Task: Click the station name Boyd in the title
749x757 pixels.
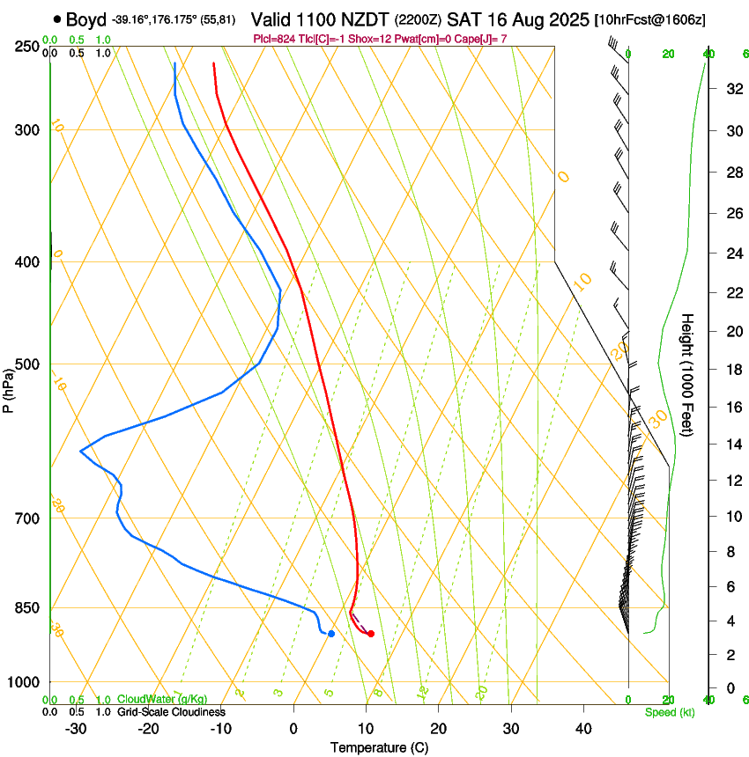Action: [86, 19]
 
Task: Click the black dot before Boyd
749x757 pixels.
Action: [57, 19]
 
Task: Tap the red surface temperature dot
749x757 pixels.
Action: [371, 634]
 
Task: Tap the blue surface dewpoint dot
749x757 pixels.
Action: [331, 634]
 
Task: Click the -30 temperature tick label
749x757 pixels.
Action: [76, 728]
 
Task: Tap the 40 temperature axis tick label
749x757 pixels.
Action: [582, 728]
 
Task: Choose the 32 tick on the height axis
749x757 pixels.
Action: [733, 89]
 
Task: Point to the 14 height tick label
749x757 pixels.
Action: [733, 445]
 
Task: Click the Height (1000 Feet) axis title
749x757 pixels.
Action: [688, 375]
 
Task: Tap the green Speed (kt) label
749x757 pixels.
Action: [669, 712]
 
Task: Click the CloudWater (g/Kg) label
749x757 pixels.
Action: [162, 700]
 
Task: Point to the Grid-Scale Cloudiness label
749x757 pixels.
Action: [171, 712]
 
